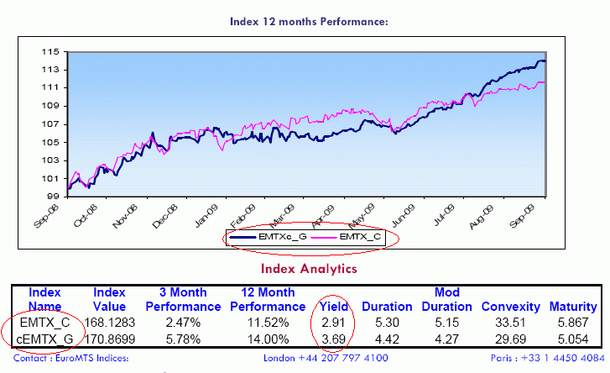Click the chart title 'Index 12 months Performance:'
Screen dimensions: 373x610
[309, 20]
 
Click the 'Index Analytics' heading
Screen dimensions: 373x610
[309, 269]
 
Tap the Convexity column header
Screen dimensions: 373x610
[510, 307]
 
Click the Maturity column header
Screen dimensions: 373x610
[573, 307]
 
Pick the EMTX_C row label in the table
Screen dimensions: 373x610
[44, 321]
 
